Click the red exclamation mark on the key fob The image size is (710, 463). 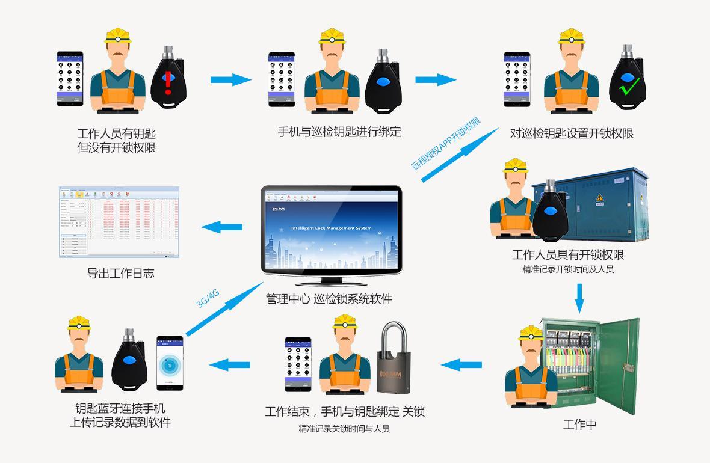[168, 83]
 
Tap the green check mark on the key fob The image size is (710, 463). [627, 88]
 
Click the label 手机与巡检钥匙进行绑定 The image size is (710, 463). [339, 131]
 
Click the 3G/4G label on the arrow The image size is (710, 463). [208, 298]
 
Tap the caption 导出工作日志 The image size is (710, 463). [120, 273]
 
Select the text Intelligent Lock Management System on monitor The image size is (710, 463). [331, 228]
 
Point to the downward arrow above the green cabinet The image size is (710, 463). [579, 297]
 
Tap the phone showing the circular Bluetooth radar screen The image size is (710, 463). [169, 363]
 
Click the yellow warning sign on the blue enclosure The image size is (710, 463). [599, 198]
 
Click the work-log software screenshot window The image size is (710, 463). [119, 222]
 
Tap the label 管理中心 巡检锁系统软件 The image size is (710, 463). [329, 299]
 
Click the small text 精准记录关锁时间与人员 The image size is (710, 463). [344, 429]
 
